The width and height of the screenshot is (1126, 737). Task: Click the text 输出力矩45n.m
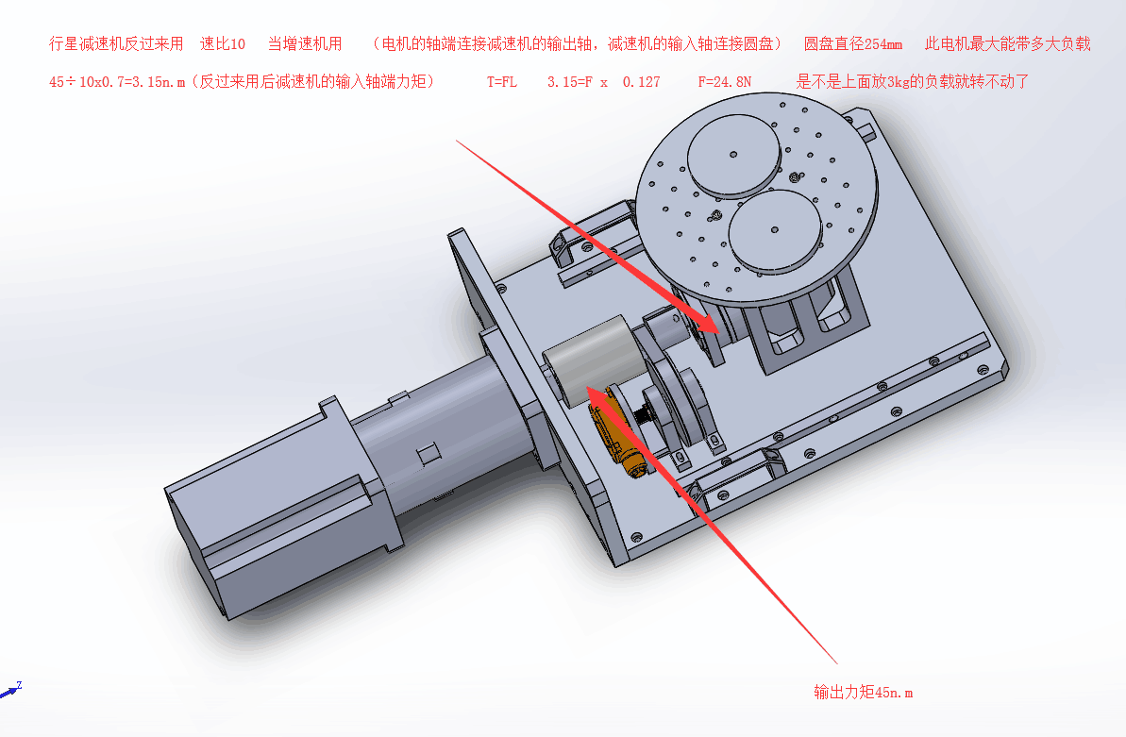coord(864,692)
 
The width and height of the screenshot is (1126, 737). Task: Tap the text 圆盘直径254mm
coord(853,43)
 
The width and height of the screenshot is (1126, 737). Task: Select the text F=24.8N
coord(725,82)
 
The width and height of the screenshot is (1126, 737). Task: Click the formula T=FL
coord(501,82)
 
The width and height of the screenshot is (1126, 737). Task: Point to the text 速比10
coord(223,43)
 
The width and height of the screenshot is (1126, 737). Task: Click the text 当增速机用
coord(305,43)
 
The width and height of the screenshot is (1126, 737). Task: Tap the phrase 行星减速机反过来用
coord(116,43)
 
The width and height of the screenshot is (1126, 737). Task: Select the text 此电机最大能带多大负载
coord(1007,43)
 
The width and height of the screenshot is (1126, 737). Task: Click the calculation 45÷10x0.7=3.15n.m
coord(117,82)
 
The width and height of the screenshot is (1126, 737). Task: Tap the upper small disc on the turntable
coord(733,155)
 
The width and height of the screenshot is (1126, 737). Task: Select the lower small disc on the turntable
coord(774,230)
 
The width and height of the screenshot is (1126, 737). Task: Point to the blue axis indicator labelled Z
coord(11,691)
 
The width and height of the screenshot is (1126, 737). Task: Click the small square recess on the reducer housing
coord(428,453)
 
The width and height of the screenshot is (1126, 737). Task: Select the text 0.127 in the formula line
coord(641,82)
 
